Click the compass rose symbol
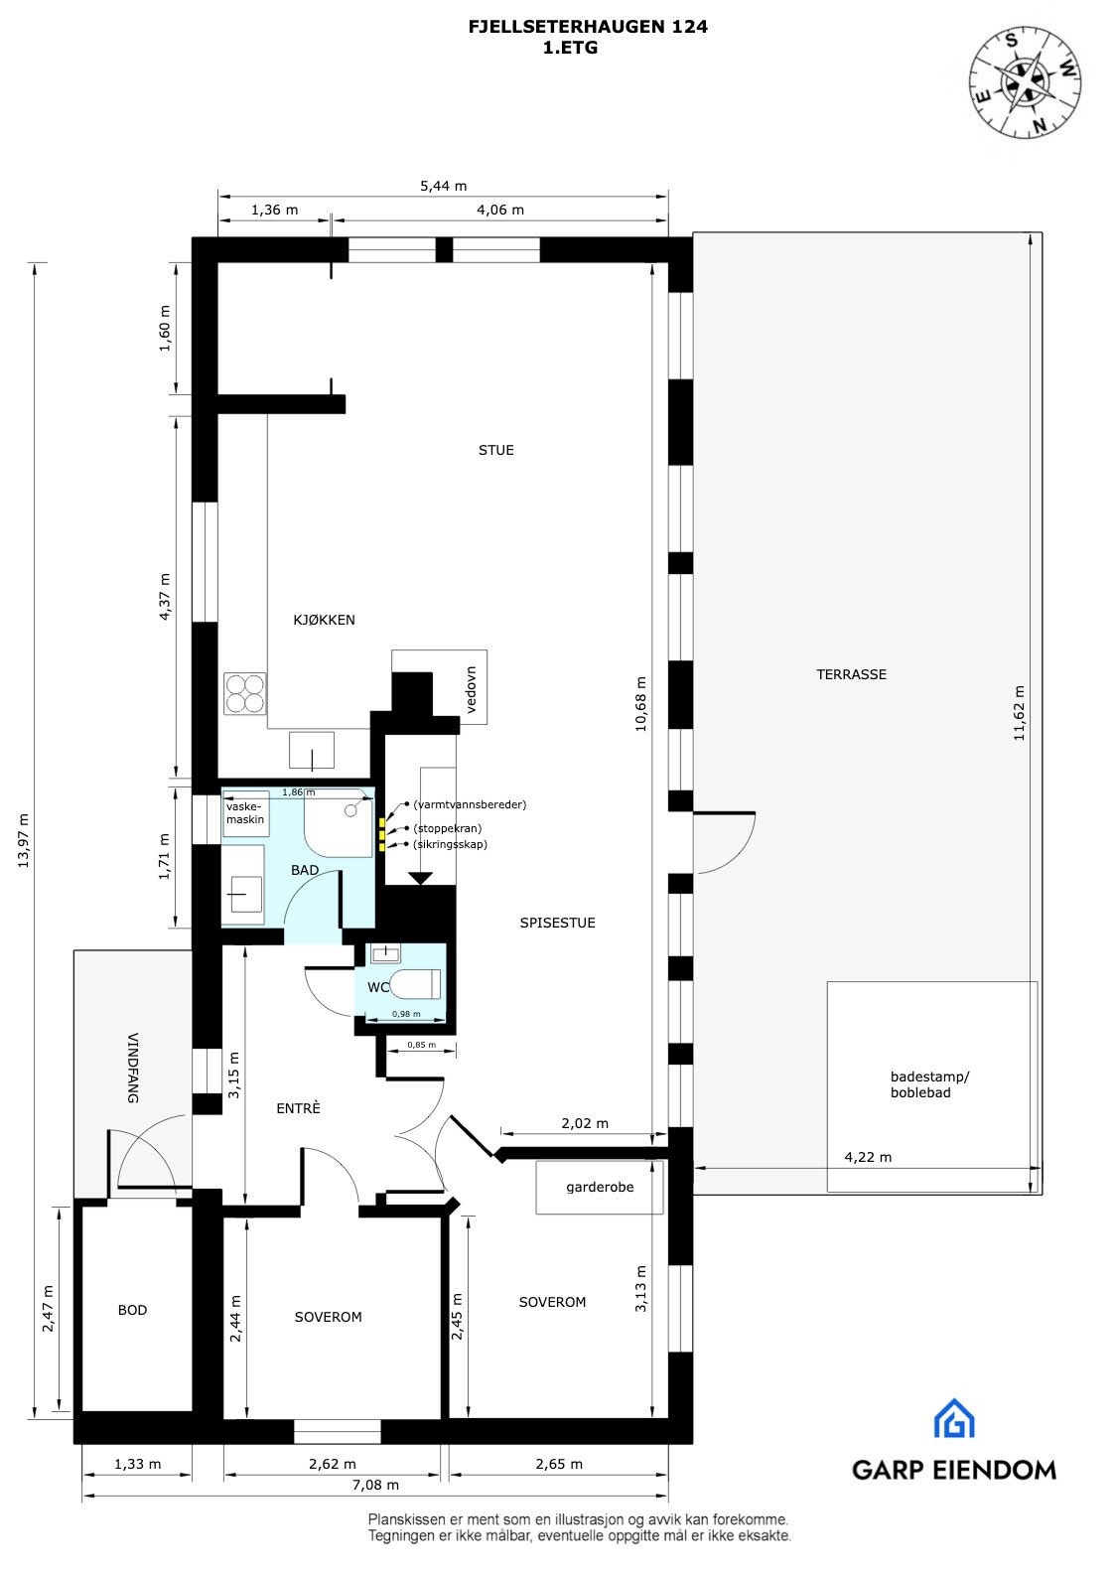[1026, 82]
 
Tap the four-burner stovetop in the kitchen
[245, 693]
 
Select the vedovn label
[473, 696]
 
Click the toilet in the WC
[415, 984]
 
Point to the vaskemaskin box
[244, 812]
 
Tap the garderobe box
[600, 1187]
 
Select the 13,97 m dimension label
[24, 840]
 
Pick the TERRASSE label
[851, 674]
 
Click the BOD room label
[132, 1310]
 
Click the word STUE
[496, 450]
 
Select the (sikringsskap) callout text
[450, 844]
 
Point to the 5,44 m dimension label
[443, 186]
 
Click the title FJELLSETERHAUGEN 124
[588, 27]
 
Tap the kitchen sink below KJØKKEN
[312, 750]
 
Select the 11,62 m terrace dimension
[1019, 714]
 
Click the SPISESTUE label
[557, 923]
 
